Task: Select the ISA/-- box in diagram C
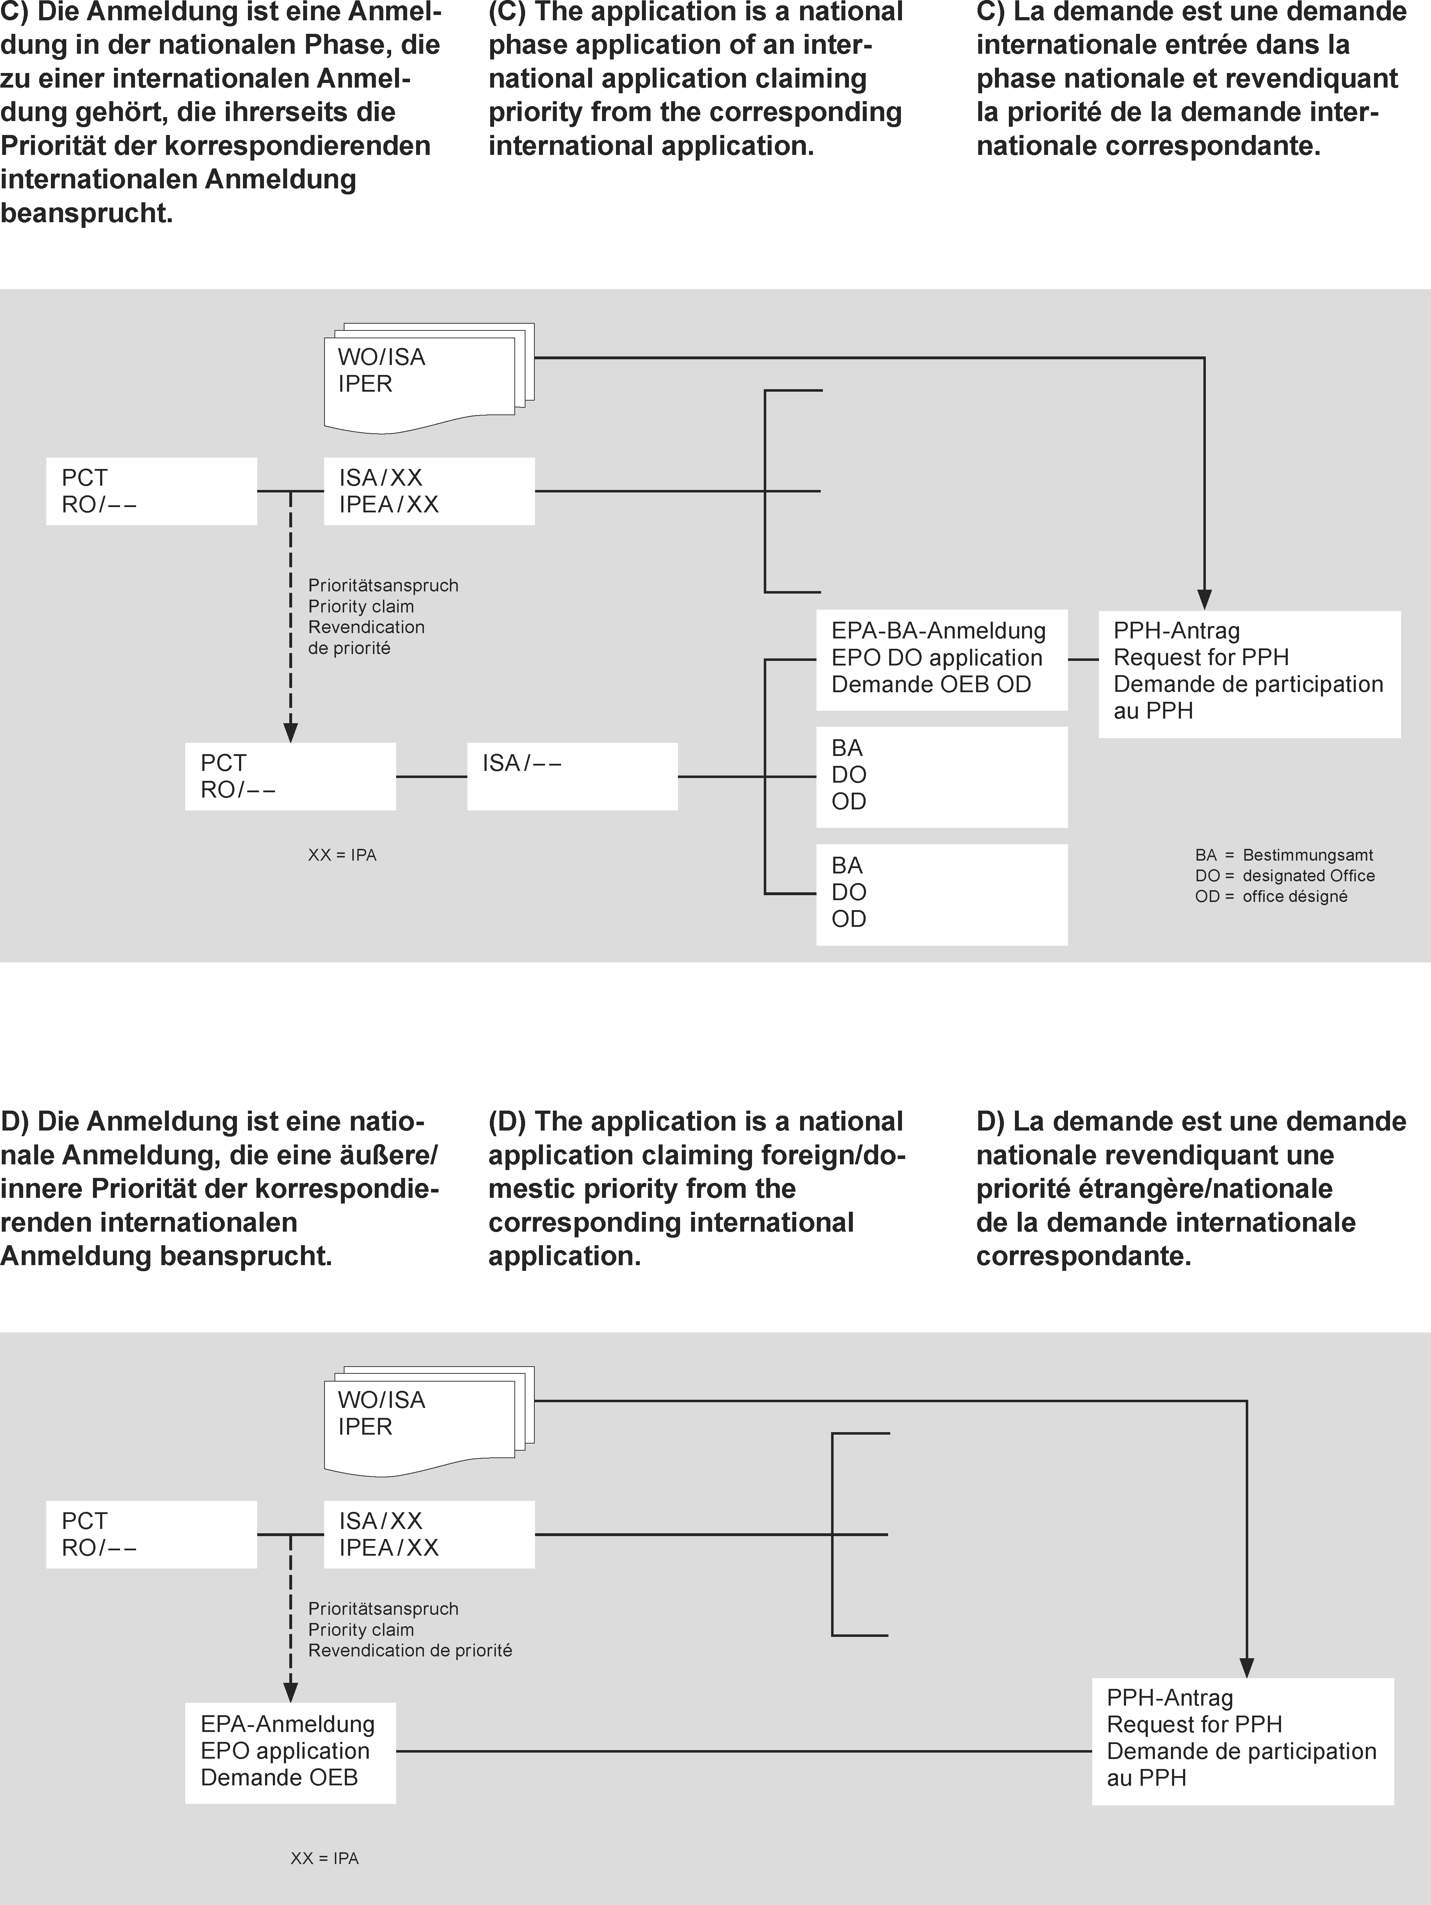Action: [572, 776]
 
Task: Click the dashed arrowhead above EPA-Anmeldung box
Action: [290, 1691]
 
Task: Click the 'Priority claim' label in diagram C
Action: [361, 606]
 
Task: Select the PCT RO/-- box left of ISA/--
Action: [290, 776]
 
